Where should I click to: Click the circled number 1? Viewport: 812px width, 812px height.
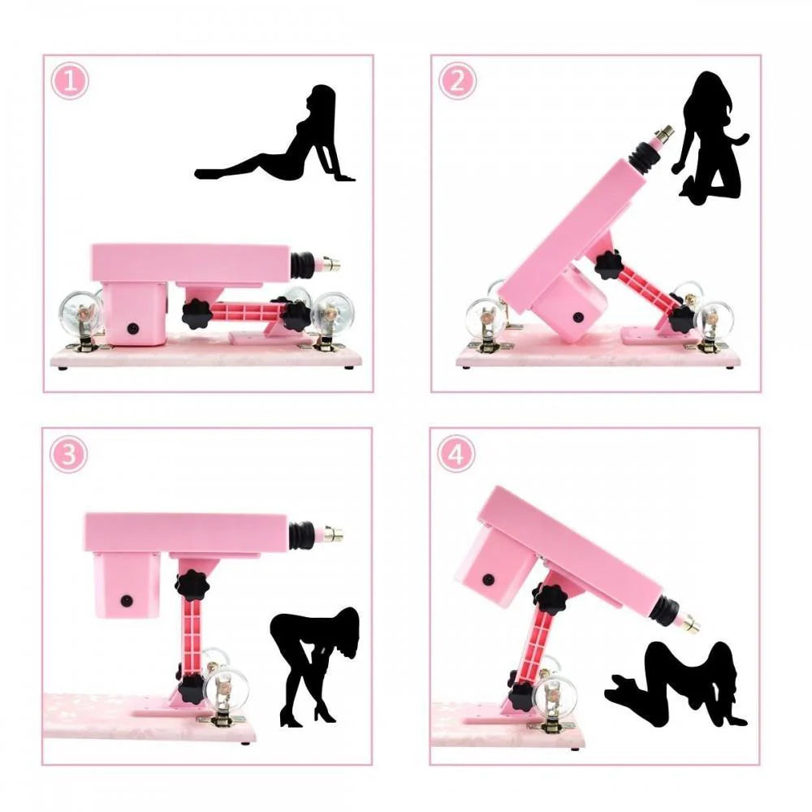71,81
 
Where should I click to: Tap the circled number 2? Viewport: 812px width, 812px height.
457,81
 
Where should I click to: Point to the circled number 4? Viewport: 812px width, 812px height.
456,455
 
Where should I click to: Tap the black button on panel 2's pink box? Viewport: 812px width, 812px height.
580,318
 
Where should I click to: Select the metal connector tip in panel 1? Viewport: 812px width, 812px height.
332,264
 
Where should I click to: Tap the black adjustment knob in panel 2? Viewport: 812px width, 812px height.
607,265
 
